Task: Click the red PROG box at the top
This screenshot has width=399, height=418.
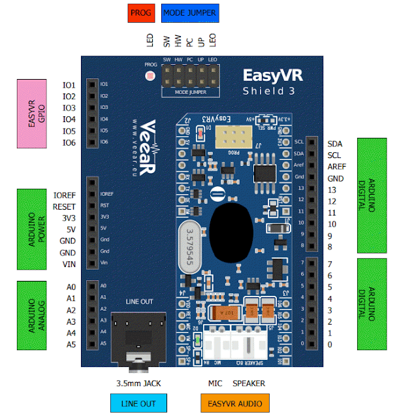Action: pos(141,12)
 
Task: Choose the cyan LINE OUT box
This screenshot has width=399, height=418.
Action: pos(139,404)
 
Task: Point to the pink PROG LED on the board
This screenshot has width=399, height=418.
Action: pos(151,76)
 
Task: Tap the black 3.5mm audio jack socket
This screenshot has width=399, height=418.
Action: pos(138,339)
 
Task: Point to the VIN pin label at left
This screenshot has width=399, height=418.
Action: pos(69,264)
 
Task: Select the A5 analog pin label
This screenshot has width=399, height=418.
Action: pos(70,344)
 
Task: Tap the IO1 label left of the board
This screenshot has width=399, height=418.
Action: pos(69,86)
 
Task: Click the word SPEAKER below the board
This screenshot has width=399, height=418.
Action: pos(249,383)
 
